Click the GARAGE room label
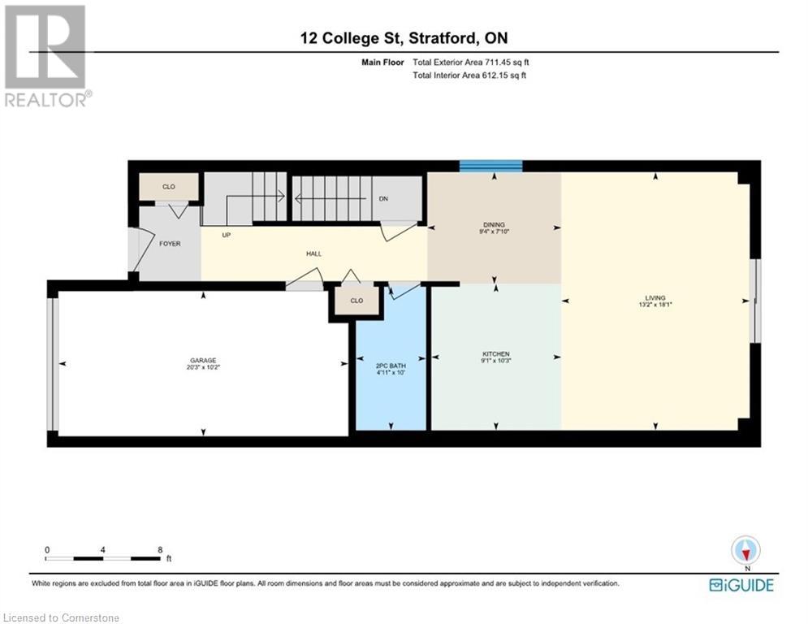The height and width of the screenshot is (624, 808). pos(203,361)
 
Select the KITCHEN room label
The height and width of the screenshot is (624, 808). pos(496,354)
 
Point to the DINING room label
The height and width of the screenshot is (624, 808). pos(494,225)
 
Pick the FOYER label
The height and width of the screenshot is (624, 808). pos(170,244)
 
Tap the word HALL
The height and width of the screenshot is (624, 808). pos(313,253)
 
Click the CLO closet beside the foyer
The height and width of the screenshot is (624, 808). pos(169,187)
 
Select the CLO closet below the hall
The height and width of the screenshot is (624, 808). pos(356,301)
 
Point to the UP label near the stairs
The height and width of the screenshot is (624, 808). pos(228,235)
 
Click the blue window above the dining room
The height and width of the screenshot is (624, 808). pos(490,166)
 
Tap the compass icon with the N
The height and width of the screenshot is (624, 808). pos(745,551)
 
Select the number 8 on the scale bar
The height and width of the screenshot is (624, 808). pos(160,550)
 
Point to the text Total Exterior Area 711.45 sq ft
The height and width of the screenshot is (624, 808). pos(475,62)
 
